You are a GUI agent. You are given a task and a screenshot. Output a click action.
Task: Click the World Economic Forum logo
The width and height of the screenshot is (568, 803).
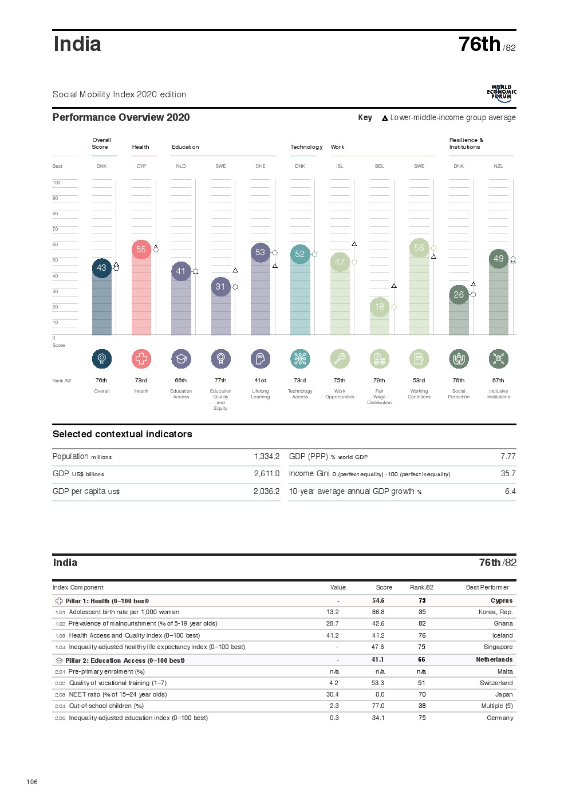coord(502,94)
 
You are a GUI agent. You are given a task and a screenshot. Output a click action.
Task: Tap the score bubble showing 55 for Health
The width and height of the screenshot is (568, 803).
coord(141,250)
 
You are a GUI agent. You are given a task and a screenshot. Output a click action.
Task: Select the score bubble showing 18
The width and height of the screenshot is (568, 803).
coord(380,307)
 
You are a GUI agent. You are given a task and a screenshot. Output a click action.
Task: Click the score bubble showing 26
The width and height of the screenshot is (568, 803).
coord(459,295)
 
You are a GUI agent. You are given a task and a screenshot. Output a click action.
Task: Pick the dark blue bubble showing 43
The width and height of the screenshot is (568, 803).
coord(101,268)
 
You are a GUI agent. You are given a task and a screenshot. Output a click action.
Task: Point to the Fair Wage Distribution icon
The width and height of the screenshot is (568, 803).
coord(380,359)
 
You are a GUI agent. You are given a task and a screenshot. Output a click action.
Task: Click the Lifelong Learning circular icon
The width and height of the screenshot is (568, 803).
coord(261,359)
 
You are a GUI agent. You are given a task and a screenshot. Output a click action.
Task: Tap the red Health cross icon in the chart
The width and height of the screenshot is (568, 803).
coord(141,359)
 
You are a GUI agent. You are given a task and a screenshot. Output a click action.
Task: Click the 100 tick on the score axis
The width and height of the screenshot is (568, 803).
coord(57,183)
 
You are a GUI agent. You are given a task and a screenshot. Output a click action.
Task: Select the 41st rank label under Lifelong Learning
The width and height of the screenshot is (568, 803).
coord(261,381)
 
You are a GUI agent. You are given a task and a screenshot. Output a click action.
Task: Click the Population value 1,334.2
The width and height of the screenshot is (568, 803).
coord(267,457)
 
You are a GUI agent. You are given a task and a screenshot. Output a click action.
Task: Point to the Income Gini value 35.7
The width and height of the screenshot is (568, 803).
coord(508,474)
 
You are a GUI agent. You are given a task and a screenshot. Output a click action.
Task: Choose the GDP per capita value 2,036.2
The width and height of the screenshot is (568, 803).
coord(267,492)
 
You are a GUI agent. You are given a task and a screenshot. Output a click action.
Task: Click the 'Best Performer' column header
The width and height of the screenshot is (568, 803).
coord(487,588)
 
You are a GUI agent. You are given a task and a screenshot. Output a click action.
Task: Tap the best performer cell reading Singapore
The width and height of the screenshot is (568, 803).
coord(498,647)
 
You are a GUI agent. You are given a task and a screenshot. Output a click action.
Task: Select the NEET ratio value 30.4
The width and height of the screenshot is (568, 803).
coord(333,695)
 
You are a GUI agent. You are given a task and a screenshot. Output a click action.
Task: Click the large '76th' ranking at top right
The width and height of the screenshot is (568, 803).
coord(480,45)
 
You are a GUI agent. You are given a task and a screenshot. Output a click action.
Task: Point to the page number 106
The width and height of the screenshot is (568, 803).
coord(32,782)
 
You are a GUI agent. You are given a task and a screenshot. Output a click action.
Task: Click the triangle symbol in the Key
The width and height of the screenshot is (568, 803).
coord(385,118)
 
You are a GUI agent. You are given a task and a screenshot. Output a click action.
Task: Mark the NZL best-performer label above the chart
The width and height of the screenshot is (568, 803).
coord(499,167)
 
